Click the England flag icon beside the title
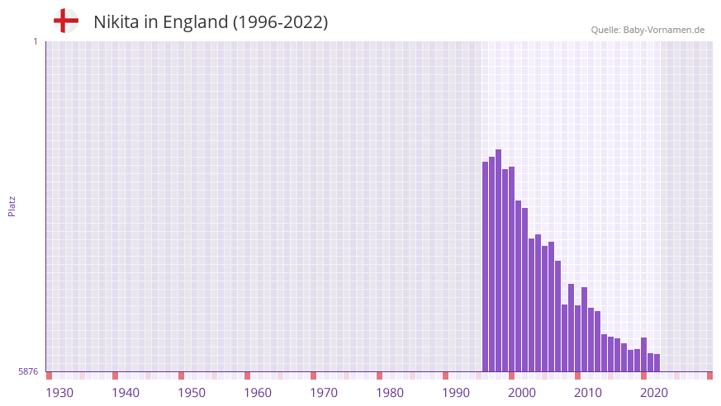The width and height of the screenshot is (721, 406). (65, 21)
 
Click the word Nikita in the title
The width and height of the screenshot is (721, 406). (116, 22)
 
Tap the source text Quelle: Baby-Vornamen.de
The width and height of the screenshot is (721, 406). (647, 30)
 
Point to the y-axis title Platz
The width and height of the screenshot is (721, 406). (12, 205)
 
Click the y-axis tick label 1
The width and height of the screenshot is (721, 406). (35, 41)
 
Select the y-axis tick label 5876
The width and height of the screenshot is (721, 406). (28, 371)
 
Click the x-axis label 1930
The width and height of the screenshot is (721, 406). (59, 393)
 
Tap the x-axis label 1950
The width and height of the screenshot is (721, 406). (192, 393)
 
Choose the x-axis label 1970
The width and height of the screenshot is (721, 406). (324, 393)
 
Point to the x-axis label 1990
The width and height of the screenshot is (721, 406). (456, 393)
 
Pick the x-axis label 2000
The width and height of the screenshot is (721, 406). (522, 393)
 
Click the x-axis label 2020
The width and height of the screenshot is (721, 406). (654, 393)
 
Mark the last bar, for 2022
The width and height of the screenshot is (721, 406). (657, 363)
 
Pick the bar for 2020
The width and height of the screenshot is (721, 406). (644, 354)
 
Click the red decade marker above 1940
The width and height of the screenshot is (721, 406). (116, 375)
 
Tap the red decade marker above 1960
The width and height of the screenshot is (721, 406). (248, 375)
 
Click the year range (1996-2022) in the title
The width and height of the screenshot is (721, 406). (280, 22)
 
